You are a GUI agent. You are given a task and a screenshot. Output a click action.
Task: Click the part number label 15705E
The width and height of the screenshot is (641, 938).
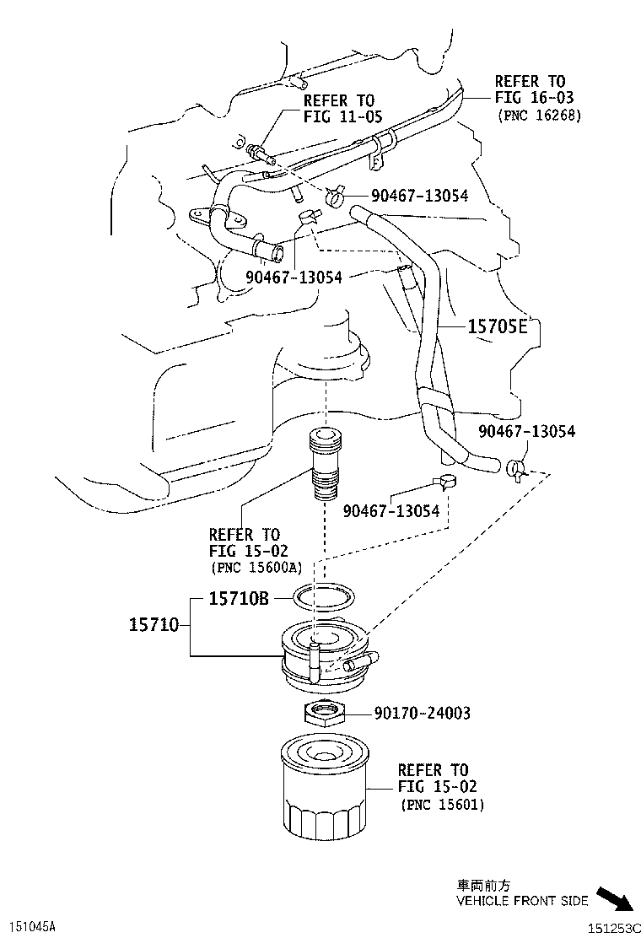tap(497, 326)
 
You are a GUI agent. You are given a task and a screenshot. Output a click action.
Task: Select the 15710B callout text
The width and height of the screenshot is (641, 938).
tap(239, 598)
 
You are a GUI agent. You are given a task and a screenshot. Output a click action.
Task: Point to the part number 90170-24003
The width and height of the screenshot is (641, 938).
tap(422, 714)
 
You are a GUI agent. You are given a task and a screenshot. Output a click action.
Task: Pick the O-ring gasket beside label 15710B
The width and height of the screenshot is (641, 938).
tap(325, 598)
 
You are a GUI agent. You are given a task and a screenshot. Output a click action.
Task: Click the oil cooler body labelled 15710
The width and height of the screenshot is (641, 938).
tap(325, 650)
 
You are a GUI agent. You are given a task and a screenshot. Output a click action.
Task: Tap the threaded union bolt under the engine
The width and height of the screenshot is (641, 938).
tap(326, 465)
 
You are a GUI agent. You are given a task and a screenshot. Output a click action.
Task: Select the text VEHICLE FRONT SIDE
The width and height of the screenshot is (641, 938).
tap(522, 901)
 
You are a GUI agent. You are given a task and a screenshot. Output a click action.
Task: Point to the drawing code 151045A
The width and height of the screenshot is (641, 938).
tap(29, 927)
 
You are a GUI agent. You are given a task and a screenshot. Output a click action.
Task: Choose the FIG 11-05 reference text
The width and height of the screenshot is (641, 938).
tap(342, 116)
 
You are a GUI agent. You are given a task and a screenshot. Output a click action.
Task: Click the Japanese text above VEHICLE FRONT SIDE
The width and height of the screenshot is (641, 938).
tap(483, 886)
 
